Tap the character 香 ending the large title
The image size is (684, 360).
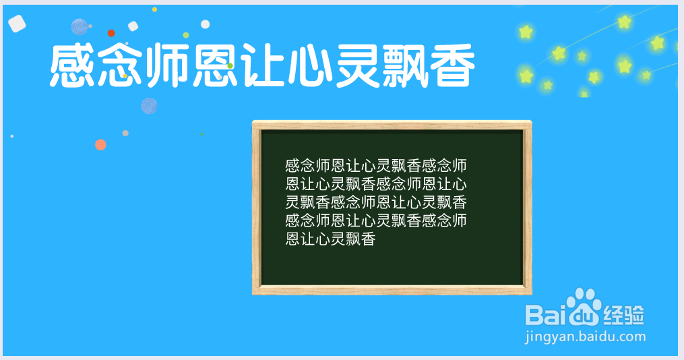(451, 66)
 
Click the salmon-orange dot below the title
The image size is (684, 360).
(100, 144)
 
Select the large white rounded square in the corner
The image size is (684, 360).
(18, 24)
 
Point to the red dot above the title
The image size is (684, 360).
(111, 33)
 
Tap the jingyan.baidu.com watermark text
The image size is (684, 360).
(584, 336)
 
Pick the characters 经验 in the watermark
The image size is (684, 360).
(624, 314)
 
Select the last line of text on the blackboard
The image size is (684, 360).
(330, 239)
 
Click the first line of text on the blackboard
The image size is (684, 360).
(376, 165)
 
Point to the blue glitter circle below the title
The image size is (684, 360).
(149, 106)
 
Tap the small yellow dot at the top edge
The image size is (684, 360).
(154, 9)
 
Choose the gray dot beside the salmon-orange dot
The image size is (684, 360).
(125, 133)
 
